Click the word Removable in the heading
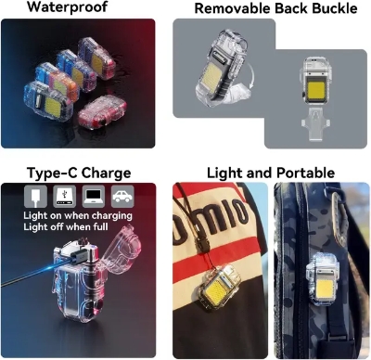point(228,8)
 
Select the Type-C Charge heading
point(79,174)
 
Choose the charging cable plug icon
point(34,197)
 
